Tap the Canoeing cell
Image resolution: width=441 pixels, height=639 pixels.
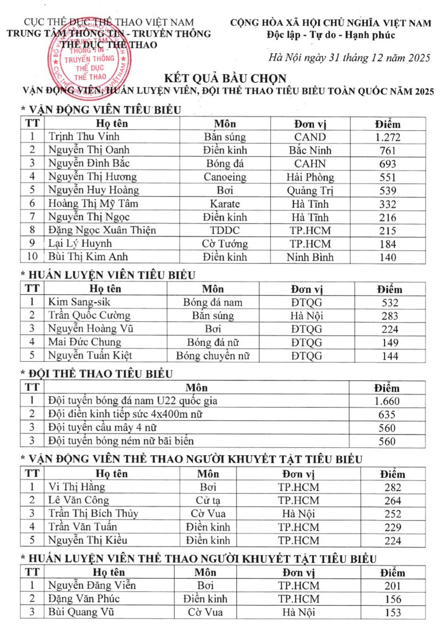tap(225, 177)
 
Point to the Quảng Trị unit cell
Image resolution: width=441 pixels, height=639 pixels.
tap(310, 190)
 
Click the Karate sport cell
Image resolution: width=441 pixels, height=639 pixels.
tap(225, 203)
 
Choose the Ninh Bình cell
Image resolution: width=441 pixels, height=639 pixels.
tap(310, 257)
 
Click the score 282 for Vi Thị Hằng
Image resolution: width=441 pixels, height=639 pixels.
tap(392, 487)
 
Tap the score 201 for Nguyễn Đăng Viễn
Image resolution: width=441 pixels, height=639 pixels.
tap(392, 586)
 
